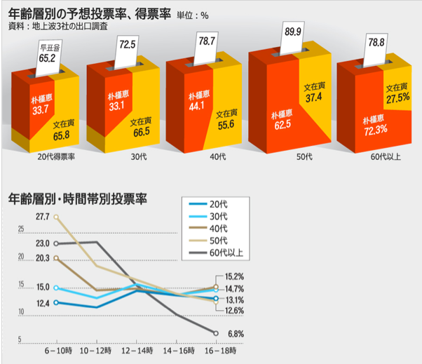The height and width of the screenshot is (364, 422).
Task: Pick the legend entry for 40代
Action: point(219,228)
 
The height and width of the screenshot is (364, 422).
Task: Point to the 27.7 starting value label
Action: point(41,217)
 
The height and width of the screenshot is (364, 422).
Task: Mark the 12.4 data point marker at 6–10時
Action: point(55,302)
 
